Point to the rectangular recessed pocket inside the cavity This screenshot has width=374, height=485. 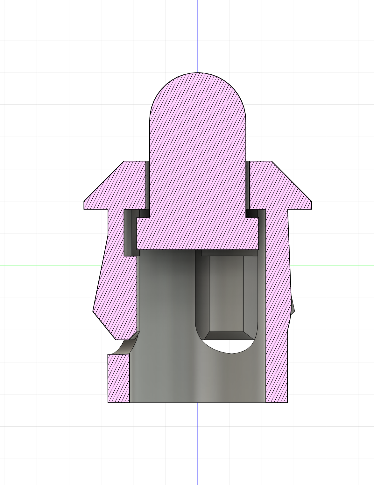[x=226, y=293]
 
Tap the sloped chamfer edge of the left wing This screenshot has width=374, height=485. [x=103, y=181]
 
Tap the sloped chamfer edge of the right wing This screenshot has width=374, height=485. [x=292, y=181]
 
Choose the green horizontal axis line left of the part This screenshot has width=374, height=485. [x=48, y=265]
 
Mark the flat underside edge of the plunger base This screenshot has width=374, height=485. [x=198, y=249]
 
